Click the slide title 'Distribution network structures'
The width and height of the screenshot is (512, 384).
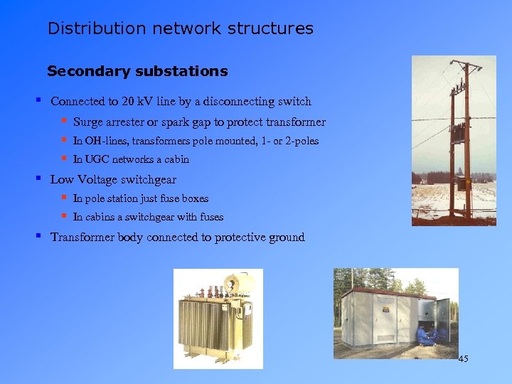180,28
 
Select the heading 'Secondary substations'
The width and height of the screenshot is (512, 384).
137,71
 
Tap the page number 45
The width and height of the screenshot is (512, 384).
463,359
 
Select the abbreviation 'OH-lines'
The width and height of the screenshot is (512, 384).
104,141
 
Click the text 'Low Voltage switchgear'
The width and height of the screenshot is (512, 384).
113,180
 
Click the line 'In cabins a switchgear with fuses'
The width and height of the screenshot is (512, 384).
148,217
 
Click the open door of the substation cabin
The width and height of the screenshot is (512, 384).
443,320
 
